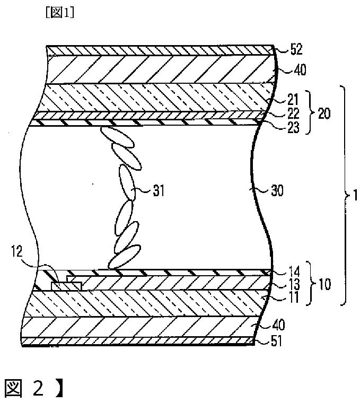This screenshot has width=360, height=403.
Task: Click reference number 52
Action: (296, 49)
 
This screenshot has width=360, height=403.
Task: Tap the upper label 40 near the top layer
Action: (300, 70)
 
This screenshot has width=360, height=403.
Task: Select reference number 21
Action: (293, 100)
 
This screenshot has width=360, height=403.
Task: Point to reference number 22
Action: (293, 113)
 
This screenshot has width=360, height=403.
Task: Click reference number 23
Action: (293, 127)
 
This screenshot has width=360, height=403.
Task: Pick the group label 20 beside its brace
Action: (324, 113)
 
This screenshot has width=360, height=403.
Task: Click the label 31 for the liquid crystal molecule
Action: (159, 191)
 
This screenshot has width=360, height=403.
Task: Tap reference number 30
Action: (277, 191)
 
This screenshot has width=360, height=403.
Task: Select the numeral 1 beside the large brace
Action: (355, 196)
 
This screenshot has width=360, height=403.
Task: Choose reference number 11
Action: (294, 297)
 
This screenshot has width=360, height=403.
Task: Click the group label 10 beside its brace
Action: (325, 285)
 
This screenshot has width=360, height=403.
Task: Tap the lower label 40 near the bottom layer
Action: (279, 325)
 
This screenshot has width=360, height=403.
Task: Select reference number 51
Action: (276, 341)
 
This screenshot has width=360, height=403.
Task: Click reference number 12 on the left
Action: (17, 251)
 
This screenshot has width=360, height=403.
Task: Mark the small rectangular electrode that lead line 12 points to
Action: (67, 286)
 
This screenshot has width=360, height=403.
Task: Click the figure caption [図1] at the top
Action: (60, 13)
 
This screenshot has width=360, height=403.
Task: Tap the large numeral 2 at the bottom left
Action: (38, 388)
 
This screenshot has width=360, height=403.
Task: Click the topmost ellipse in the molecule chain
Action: (117, 137)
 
